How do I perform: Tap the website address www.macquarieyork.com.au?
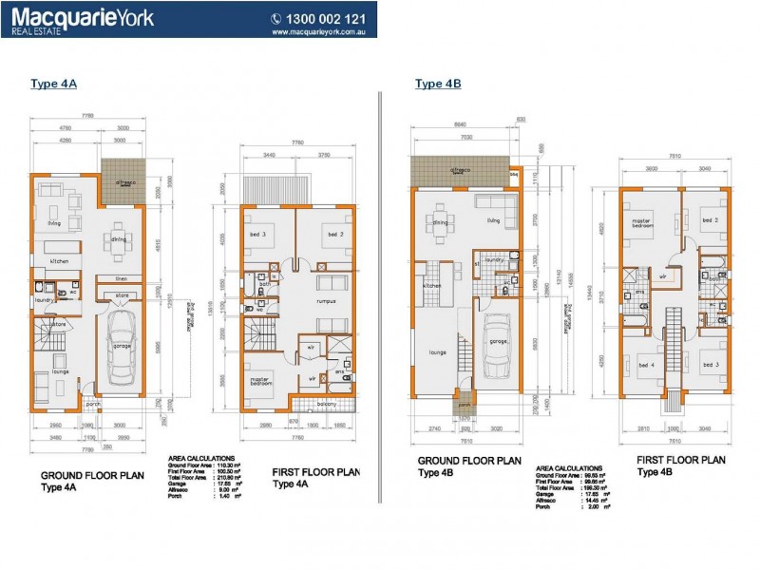[x=320, y=31]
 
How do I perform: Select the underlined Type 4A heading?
[x=53, y=85]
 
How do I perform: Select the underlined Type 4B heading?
[x=438, y=85]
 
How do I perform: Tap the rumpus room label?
[x=329, y=303]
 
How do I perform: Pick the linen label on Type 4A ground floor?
[x=121, y=278]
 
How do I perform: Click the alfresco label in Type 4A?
[x=125, y=181]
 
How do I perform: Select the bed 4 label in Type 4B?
[x=647, y=365]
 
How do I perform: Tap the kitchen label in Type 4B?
[x=432, y=285]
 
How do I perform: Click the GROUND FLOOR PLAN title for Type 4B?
[x=468, y=460]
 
